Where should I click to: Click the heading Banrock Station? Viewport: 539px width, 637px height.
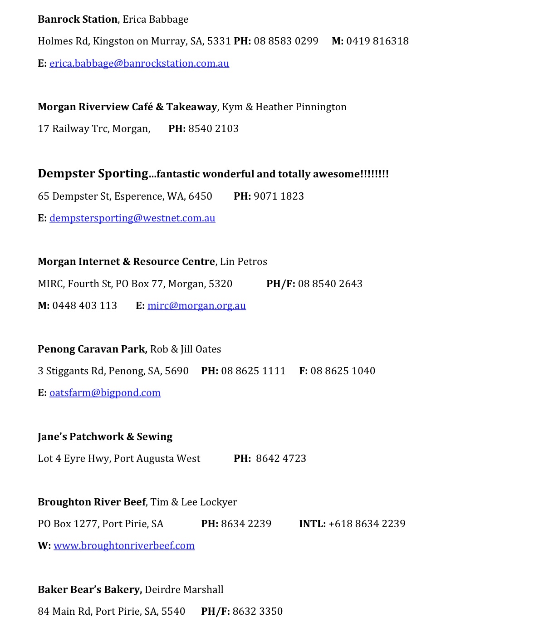click(x=78, y=20)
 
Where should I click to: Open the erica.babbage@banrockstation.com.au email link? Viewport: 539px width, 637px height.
click(x=139, y=64)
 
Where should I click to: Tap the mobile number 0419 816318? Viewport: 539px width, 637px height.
click(x=377, y=41)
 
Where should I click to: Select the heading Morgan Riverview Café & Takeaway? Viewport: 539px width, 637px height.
click(x=127, y=107)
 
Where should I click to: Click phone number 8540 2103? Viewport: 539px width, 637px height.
click(x=213, y=129)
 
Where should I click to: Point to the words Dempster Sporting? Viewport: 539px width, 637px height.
click(x=93, y=174)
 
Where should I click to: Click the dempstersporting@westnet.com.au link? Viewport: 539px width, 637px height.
click(x=132, y=218)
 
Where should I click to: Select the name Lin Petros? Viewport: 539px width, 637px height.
click(x=243, y=262)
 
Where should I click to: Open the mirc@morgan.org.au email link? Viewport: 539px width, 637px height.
click(x=196, y=306)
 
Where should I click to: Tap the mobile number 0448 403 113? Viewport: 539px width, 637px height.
click(x=84, y=306)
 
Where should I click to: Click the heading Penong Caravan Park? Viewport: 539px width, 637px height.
click(x=92, y=349)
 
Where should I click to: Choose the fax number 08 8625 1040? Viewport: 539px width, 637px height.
click(x=343, y=371)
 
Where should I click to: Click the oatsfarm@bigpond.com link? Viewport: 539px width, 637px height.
click(x=105, y=393)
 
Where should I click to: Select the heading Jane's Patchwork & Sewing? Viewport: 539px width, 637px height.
click(x=105, y=437)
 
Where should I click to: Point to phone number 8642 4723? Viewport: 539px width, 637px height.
click(x=281, y=459)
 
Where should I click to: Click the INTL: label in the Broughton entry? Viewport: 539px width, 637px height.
click(x=312, y=524)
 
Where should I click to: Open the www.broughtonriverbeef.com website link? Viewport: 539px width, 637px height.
click(x=124, y=546)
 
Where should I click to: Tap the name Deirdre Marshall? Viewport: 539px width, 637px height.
click(x=184, y=590)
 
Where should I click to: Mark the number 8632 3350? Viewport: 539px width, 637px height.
click(x=257, y=612)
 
